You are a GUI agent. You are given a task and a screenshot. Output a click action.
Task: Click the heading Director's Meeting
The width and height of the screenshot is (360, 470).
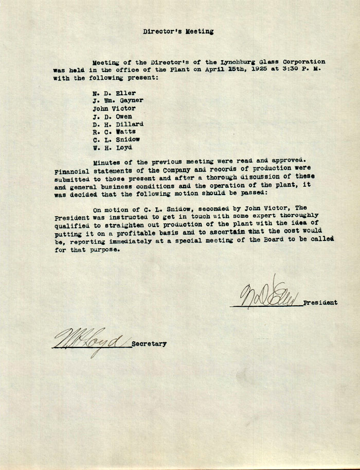click(178, 31)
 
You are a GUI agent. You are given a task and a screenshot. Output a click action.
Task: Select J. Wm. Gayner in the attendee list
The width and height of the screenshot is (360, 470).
click(118, 101)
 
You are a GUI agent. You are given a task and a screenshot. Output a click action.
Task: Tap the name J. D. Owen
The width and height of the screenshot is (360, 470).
click(112, 116)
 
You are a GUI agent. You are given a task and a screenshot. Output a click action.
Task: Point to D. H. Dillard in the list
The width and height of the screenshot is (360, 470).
click(118, 124)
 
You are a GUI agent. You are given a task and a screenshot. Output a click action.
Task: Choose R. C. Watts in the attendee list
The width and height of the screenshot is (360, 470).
click(114, 132)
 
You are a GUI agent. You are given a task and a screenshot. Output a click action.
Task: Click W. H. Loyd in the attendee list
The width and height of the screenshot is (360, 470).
click(112, 147)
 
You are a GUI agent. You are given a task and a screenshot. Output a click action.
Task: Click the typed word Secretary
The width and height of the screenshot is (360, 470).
click(149, 344)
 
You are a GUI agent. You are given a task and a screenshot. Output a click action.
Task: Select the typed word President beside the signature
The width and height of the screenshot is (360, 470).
click(320, 303)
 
